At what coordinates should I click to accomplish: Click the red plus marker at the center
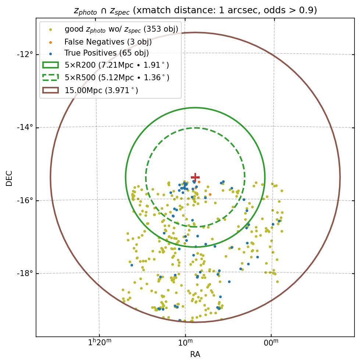195,177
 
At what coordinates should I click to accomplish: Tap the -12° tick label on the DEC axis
25,54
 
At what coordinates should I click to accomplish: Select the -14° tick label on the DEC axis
25,127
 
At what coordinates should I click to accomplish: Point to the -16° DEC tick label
25,201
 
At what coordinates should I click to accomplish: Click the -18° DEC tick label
25,273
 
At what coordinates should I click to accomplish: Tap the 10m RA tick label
185,343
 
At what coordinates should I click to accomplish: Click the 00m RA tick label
271,343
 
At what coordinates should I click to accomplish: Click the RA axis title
195,354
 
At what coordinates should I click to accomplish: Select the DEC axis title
9,178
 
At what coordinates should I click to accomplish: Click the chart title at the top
195,10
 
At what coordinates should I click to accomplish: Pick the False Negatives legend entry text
108,42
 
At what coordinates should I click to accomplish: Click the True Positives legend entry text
106,53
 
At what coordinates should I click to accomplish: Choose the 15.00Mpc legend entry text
101,90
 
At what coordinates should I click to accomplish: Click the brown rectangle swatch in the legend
50,90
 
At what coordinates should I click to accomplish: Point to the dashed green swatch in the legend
50,78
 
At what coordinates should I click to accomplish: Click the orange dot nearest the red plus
199,182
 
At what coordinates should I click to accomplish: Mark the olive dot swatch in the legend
50,29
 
